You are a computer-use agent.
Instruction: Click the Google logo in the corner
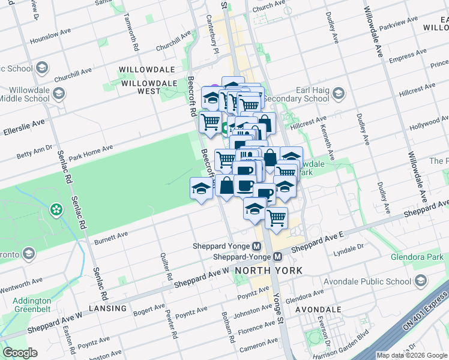(20, 353)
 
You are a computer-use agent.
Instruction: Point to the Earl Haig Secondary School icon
(338, 92)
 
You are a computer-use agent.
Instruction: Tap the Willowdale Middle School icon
(59, 94)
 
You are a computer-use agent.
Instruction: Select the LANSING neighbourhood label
(106, 308)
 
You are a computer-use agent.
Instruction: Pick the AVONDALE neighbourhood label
(318, 310)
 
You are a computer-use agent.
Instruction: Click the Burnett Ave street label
(111, 238)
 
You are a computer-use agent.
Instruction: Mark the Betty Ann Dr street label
(34, 152)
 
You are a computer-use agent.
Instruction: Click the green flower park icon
(56, 209)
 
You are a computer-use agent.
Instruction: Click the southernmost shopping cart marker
(276, 217)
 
